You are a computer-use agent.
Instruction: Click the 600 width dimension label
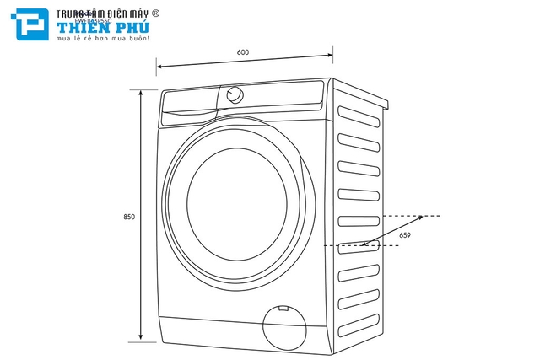[243, 52]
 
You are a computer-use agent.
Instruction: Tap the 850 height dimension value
[129, 217]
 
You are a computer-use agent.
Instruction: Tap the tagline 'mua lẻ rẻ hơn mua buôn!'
[103, 39]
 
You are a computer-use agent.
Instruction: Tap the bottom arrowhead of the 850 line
[140, 340]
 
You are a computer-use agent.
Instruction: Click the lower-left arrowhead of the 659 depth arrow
[364, 245]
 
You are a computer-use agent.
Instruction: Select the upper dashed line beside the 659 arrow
[408, 216]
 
